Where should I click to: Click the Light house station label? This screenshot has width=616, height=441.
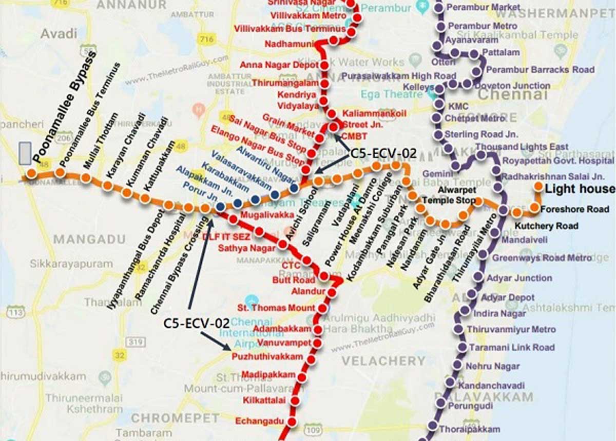click(x=580, y=189)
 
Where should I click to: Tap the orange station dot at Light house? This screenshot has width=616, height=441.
click(x=538, y=187)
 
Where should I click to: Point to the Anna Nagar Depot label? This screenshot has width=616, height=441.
click(x=279, y=65)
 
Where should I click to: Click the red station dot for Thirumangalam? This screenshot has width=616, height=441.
click(x=324, y=83)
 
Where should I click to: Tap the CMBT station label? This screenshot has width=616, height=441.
click(x=354, y=136)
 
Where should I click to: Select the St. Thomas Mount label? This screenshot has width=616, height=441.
click(x=276, y=308)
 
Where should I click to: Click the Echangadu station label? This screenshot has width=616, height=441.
click(x=259, y=422)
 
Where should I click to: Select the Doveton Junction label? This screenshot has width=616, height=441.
click(x=517, y=86)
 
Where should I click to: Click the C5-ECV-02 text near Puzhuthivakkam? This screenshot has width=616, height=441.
click(x=196, y=323)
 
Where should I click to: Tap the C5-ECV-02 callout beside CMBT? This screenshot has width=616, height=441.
click(x=383, y=153)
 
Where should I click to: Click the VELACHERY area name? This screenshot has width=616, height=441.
click(x=383, y=360)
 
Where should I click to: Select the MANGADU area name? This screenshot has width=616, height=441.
click(x=89, y=239)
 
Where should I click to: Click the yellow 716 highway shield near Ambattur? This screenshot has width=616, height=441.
click(x=207, y=39)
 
